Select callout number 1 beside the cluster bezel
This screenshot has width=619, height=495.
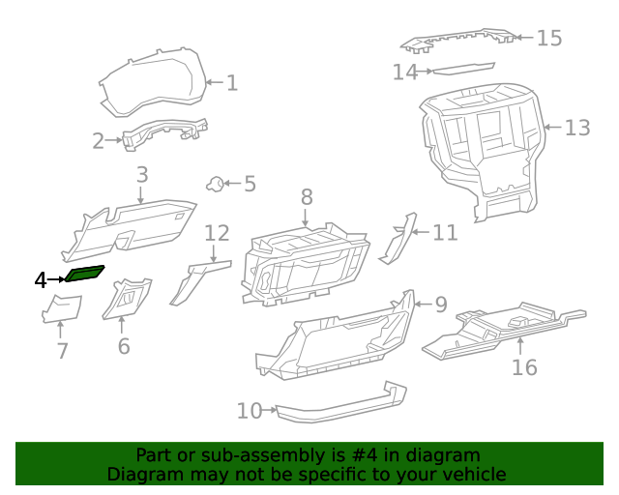point(231,82)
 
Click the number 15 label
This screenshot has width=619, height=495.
point(548,38)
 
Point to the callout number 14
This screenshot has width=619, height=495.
point(404,72)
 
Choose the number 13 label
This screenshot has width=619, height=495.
point(576,128)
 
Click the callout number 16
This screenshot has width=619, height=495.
point(523,366)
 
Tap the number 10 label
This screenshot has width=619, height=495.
point(250,411)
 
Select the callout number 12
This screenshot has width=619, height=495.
point(217,233)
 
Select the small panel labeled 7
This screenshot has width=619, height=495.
point(62,308)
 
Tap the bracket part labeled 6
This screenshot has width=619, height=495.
point(127,298)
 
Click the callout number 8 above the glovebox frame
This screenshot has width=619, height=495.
point(307,196)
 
